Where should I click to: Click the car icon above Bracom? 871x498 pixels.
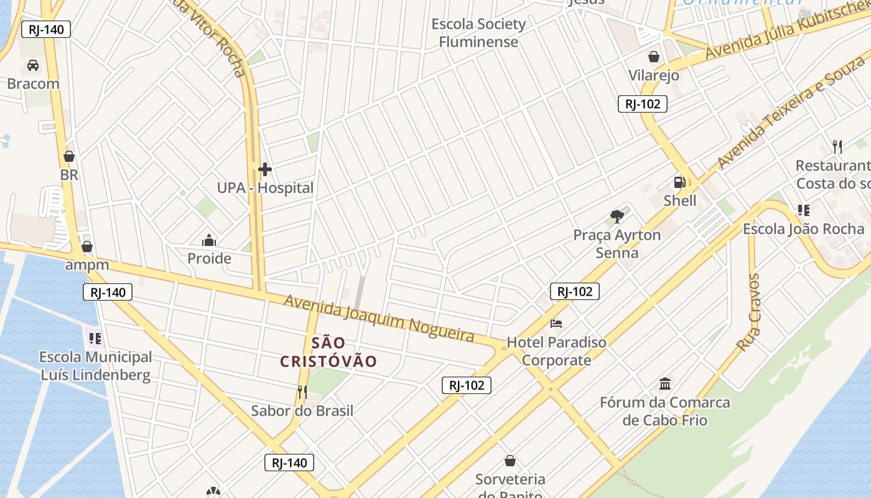tap(33, 65)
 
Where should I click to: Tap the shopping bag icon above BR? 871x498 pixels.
tap(69, 156)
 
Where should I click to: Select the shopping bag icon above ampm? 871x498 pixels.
tap(87, 247)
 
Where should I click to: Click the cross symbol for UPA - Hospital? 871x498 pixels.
tap(265, 169)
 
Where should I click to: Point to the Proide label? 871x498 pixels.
tap(209, 258)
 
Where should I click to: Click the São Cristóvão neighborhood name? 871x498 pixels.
tap(328, 352)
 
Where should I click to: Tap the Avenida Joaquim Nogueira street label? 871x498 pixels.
tap(379, 318)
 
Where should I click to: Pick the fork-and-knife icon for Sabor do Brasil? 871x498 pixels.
tap(302, 392)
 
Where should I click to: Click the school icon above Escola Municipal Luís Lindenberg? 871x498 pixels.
tap(95, 339)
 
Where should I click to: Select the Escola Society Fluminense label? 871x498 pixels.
tap(478, 33)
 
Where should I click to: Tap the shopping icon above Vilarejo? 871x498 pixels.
tap(654, 57)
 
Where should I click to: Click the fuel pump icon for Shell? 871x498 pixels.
tap(679, 182)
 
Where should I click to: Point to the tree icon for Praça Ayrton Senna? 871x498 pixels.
tap(617, 217)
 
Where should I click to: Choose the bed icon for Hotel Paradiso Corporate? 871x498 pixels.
tap(556, 324)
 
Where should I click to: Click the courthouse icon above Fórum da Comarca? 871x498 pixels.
tap(665, 383)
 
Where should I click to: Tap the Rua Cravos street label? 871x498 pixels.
tap(748, 311)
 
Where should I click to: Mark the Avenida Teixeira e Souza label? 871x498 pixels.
tap(792, 111)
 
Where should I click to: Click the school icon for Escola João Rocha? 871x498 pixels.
tap(803, 210)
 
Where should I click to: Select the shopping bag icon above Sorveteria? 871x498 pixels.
tap(510, 461)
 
